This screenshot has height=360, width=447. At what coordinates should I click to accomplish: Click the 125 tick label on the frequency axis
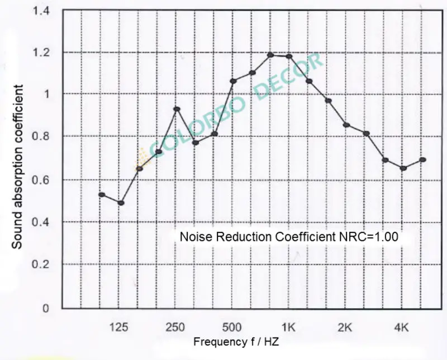(x=119, y=328)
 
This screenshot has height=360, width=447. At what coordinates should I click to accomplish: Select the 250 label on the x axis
(x=176, y=328)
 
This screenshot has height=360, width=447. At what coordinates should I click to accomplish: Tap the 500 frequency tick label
(x=232, y=328)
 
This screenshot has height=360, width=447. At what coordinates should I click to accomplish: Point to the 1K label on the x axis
(x=288, y=328)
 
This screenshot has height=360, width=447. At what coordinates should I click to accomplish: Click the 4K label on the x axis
(x=402, y=328)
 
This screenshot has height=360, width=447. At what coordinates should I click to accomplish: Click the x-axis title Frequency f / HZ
(x=236, y=340)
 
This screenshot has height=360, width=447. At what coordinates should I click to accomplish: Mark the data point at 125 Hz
(x=121, y=203)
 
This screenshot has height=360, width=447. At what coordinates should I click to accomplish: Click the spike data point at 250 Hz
(x=177, y=109)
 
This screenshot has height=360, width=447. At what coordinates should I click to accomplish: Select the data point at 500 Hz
(x=233, y=81)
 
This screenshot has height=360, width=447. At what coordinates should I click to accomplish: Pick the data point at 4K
(x=403, y=168)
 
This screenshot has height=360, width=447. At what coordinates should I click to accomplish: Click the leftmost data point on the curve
(x=102, y=195)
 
